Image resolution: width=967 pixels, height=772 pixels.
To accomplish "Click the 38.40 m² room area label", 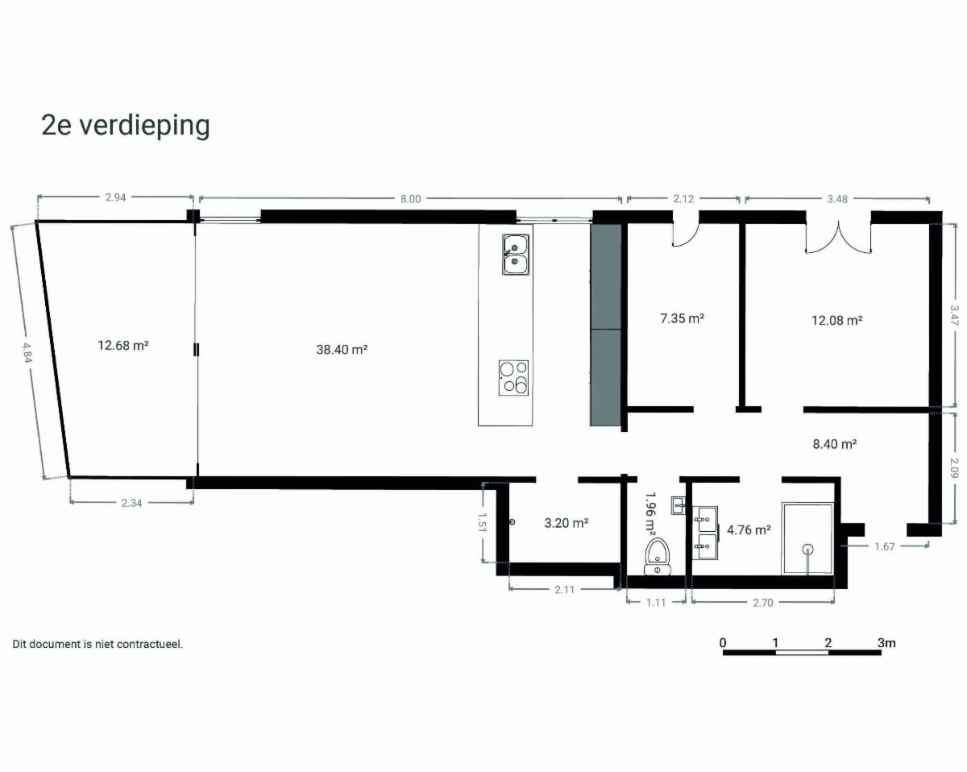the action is click(342, 350).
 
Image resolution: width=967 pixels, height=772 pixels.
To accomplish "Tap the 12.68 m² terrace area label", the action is click(123, 345).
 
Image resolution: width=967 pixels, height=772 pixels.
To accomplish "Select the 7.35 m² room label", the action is click(682, 318).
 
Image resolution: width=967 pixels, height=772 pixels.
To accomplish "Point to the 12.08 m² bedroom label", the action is click(836, 321).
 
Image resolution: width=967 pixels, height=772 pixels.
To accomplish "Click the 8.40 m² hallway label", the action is click(835, 444).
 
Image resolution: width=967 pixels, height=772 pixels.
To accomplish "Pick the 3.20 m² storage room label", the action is click(567, 523).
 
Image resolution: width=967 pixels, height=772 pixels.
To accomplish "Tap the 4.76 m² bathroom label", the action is click(749, 529).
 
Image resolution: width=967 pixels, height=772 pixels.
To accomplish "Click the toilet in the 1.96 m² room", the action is click(658, 556).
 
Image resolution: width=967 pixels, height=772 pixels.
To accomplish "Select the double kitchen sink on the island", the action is click(516, 255).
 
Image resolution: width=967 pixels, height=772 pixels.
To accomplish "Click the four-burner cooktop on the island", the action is click(513, 378).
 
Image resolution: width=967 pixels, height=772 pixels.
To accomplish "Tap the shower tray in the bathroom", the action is click(807, 538).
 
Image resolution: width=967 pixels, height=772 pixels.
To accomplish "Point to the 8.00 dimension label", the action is click(411, 199).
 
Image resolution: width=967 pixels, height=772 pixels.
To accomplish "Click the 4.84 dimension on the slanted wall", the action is click(27, 353).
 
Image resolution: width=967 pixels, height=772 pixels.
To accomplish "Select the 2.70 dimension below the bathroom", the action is click(762, 603).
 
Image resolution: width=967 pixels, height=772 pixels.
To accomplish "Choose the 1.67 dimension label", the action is click(884, 547).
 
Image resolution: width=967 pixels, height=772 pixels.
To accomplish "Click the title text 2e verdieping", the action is click(126, 127).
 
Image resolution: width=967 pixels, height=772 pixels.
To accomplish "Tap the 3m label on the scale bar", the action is click(886, 643).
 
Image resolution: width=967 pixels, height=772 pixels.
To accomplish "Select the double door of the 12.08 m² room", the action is click(839, 238).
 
